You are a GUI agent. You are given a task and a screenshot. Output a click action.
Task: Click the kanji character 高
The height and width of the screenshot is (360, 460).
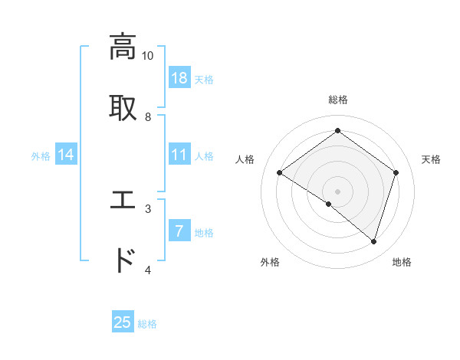[x=123, y=47]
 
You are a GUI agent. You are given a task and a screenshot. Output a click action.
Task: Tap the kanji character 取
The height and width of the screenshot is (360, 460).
[x=123, y=107]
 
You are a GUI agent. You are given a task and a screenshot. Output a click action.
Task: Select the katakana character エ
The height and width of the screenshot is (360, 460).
[x=123, y=200]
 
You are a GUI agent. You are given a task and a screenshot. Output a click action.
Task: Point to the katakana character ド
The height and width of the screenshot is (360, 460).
[x=123, y=260]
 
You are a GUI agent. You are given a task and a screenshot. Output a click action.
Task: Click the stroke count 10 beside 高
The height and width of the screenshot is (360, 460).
[x=148, y=56]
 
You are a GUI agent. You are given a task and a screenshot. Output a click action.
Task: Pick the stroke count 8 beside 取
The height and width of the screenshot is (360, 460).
[x=148, y=116]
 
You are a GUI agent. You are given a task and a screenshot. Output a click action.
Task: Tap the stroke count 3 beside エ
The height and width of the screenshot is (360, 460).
[x=148, y=208]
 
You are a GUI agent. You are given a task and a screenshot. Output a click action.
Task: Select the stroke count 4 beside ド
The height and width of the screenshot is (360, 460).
[x=148, y=270]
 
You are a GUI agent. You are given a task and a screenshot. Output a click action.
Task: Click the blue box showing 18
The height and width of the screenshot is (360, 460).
[x=179, y=78]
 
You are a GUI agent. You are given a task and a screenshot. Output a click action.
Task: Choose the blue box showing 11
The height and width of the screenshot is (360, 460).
[x=179, y=155]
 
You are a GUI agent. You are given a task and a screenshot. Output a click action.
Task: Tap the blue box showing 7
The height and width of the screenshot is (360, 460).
[x=179, y=231]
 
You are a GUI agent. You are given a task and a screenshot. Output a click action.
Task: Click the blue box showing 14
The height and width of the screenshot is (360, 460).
[x=66, y=155]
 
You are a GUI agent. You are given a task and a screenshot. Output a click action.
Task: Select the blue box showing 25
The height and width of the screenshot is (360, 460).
[x=123, y=322]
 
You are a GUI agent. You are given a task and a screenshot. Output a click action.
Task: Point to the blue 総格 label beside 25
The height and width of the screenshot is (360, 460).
[x=147, y=324]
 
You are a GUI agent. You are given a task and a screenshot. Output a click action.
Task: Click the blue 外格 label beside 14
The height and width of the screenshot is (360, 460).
[x=41, y=156]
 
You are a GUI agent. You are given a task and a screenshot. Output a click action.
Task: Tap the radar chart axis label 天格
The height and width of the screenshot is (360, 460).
[x=431, y=159]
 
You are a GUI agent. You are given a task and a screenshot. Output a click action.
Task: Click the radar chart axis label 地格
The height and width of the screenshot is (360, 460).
[x=402, y=263]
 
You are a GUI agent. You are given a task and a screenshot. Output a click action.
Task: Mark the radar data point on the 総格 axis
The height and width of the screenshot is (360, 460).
[x=337, y=131]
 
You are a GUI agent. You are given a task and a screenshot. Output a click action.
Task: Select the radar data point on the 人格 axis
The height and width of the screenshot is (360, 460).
[x=279, y=173]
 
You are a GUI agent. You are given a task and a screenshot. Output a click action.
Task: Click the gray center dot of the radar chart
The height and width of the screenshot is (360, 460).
[x=337, y=191]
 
